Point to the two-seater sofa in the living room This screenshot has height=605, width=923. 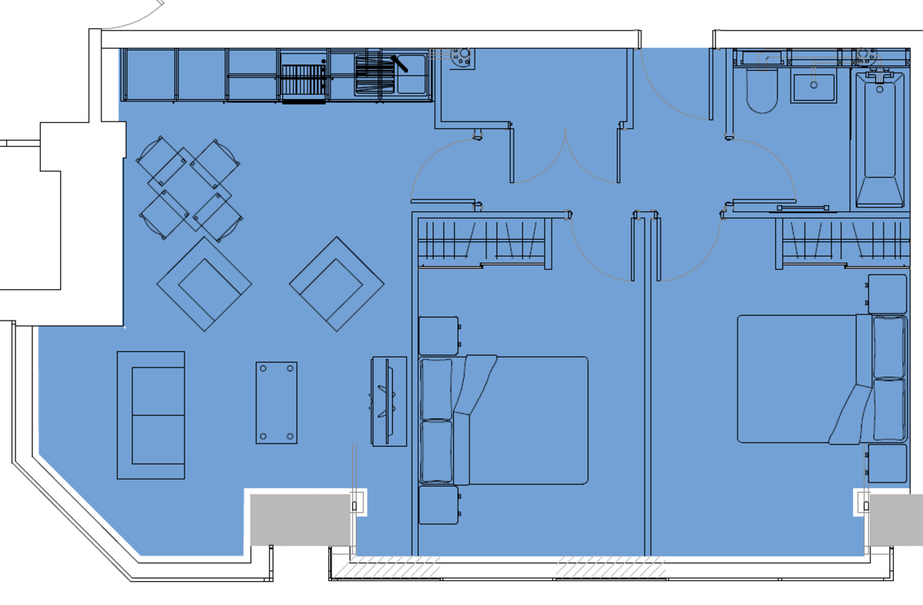coord(151,415)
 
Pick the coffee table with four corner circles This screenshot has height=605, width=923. coord(276,402)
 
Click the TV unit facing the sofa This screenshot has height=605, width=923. coord(389,401)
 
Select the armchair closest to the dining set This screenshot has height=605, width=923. coord(204,284)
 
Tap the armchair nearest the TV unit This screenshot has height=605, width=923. coord(336,284)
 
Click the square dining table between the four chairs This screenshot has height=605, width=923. coord(189,188)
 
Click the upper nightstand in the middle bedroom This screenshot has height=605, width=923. coord(438,336)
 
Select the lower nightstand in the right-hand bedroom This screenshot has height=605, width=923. coord(887,464)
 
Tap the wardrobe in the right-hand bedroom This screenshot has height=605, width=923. coord(845,242)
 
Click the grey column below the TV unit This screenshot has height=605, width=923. coord(300,520)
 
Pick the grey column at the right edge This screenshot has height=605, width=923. coord(897,520)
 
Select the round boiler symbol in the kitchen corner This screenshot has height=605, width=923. coord(462,58)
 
